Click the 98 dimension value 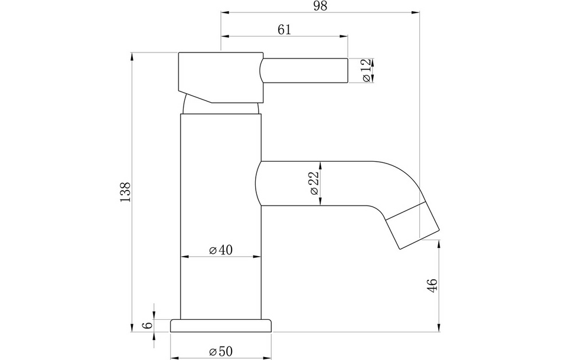320,6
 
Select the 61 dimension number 285,30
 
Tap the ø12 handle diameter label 366,70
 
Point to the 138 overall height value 125,192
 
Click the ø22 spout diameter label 314,183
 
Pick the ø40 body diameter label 221,250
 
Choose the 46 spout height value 432,285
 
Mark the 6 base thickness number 148,325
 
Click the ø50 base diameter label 221,351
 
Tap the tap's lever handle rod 304,70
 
